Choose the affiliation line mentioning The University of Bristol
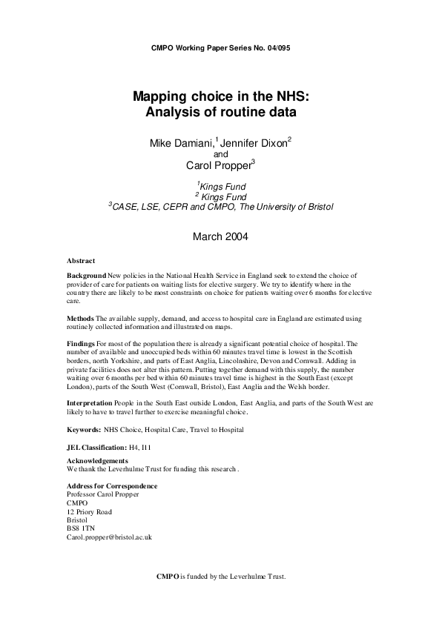[220, 207]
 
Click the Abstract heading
[81, 261]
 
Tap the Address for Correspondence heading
[112, 485]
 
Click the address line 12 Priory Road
[89, 511]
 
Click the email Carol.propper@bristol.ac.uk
[109, 537]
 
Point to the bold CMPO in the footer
[168, 576]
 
